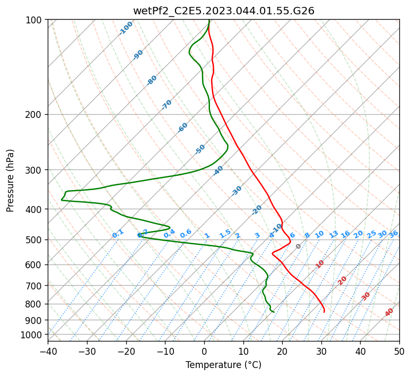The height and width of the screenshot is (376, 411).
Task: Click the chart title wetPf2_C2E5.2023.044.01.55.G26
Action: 224,11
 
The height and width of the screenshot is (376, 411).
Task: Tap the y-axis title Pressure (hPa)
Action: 10,181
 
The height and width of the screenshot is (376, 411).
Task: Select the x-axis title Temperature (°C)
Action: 224,365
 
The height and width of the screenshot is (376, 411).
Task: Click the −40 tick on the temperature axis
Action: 48,351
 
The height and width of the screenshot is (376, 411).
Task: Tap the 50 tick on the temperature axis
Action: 399,351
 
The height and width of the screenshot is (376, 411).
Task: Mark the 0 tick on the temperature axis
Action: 205,351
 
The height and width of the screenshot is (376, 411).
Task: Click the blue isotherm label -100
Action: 126,28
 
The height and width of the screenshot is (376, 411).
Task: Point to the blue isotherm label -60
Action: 182,127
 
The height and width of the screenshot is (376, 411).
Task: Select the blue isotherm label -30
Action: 237,191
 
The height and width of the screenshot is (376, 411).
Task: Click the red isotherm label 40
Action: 389,312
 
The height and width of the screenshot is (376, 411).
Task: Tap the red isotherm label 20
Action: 342,281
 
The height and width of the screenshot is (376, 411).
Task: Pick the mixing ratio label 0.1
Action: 118,234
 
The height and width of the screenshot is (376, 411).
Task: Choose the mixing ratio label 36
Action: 393,234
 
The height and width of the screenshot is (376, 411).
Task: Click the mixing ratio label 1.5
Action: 225,234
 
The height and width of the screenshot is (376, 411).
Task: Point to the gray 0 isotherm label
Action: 298,246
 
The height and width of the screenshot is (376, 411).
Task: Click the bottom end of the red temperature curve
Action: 324,312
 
